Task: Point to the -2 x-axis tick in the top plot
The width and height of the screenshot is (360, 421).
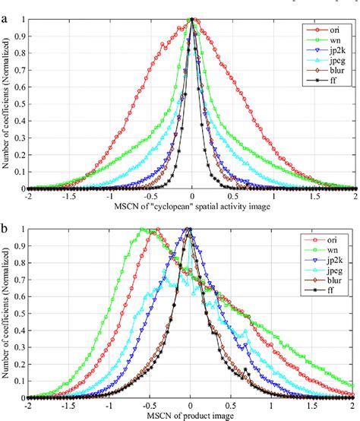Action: pos(27,196)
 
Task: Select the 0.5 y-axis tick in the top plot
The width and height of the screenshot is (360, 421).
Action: pos(19,103)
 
